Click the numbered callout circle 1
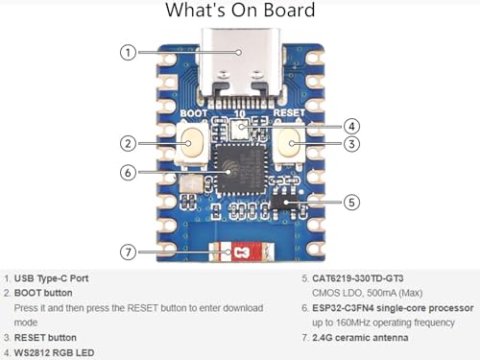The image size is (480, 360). click(x=128, y=52)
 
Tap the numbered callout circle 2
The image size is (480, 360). click(x=128, y=144)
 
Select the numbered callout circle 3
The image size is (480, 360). click(x=352, y=144)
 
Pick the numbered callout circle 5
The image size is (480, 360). click(x=352, y=202)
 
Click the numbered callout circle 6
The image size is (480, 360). click(x=128, y=173)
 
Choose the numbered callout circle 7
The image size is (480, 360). click(x=128, y=252)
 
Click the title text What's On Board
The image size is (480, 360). click(x=239, y=12)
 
